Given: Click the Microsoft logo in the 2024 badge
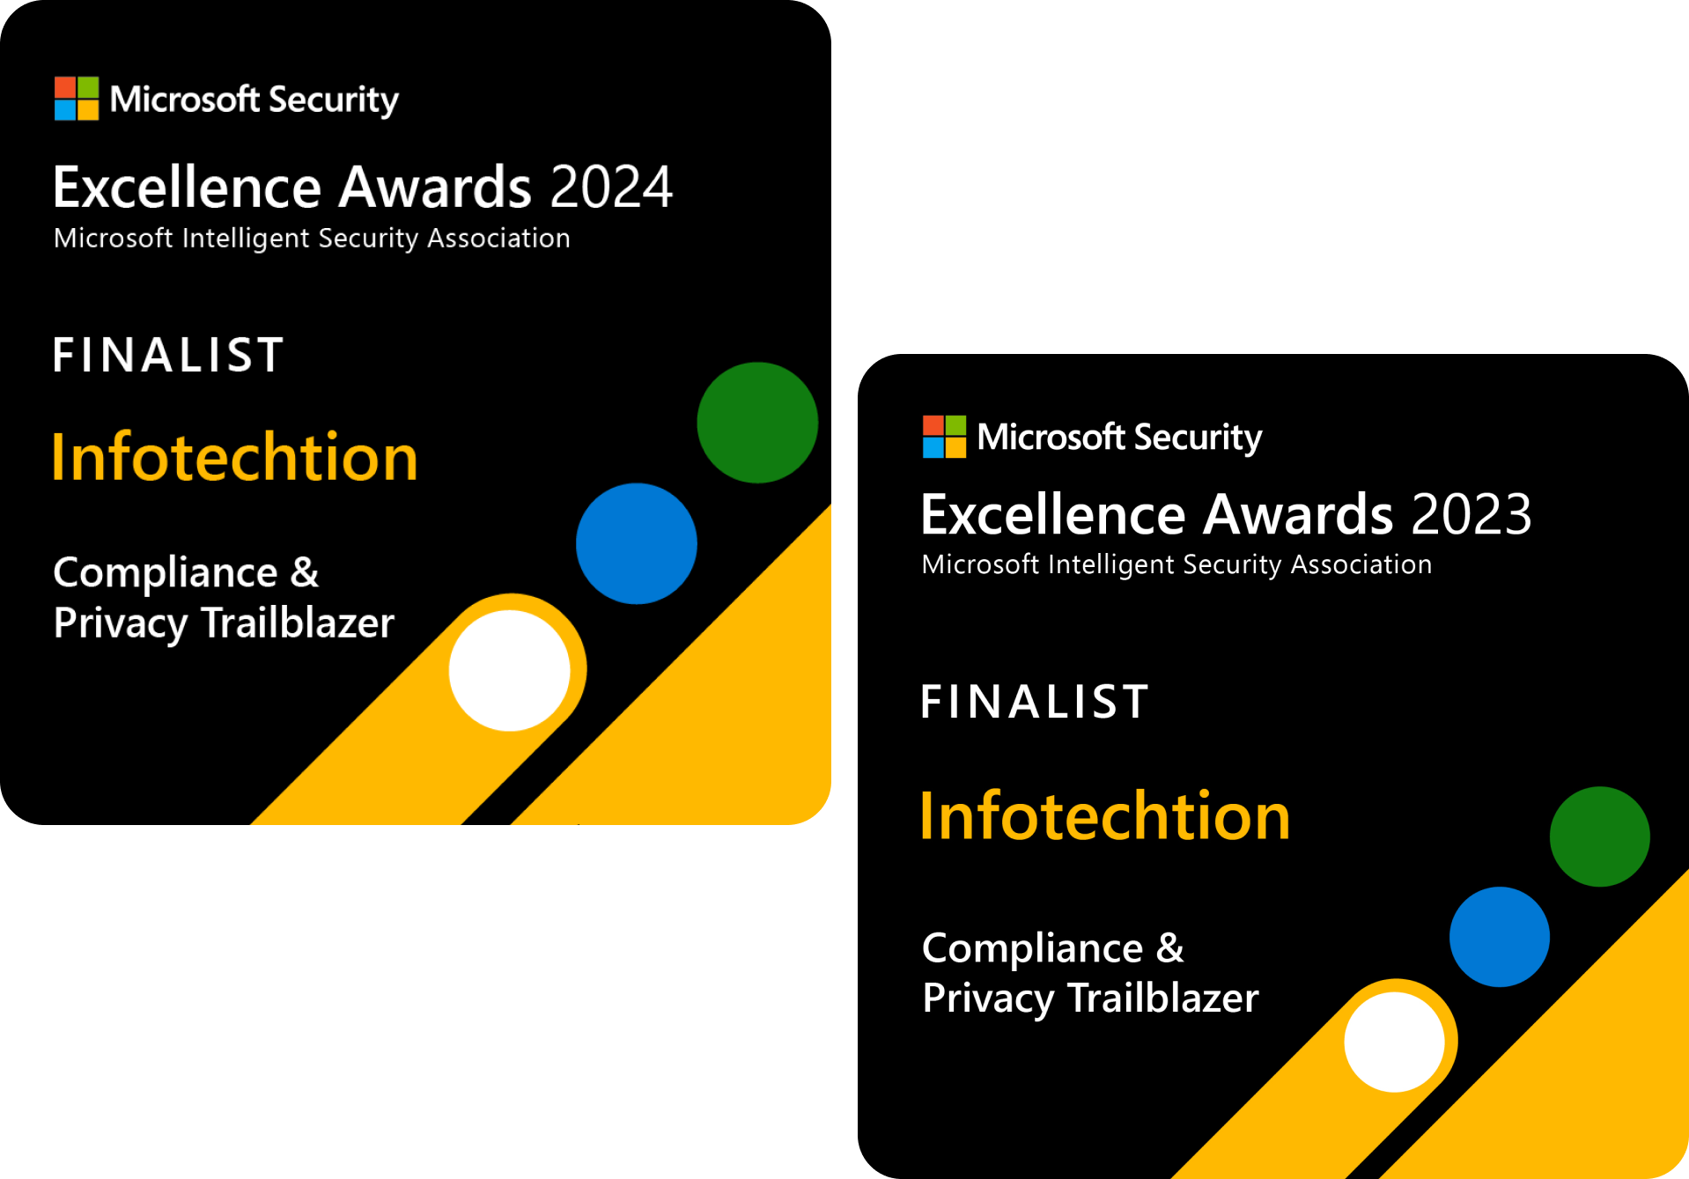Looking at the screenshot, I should pyautogui.click(x=77, y=99).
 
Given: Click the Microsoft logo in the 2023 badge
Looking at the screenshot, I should pyautogui.click(x=944, y=437).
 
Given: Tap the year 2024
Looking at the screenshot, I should pyautogui.click(x=611, y=188).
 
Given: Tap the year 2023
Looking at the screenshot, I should pyautogui.click(x=1471, y=514).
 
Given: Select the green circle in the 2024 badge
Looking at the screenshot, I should pyautogui.click(x=757, y=423).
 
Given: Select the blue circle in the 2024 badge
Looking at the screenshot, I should pyautogui.click(x=637, y=543).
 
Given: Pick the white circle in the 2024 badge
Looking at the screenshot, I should pyautogui.click(x=509, y=670).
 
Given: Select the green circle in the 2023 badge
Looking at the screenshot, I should pyautogui.click(x=1599, y=836).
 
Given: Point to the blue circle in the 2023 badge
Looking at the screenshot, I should pyautogui.click(x=1499, y=937).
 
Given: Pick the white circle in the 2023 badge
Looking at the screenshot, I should pyautogui.click(x=1394, y=1042).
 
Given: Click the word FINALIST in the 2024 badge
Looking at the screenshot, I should pyautogui.click(x=168, y=356).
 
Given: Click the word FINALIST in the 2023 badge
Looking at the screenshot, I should pyautogui.click(x=1035, y=703).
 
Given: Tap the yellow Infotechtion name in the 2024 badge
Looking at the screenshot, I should pyautogui.click(x=234, y=458).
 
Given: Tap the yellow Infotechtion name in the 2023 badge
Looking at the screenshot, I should pyautogui.click(x=1104, y=816).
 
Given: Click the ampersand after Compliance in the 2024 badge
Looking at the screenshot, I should pyautogui.click(x=305, y=573).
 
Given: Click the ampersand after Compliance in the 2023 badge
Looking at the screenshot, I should pyautogui.click(x=1170, y=948).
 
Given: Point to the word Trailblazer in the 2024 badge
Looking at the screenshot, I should pyautogui.click(x=298, y=623).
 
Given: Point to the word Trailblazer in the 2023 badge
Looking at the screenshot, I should pyautogui.click(x=1163, y=998).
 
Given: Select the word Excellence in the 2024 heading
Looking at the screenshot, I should pyautogui.click(x=187, y=188).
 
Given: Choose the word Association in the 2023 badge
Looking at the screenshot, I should pyautogui.click(x=1361, y=564).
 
